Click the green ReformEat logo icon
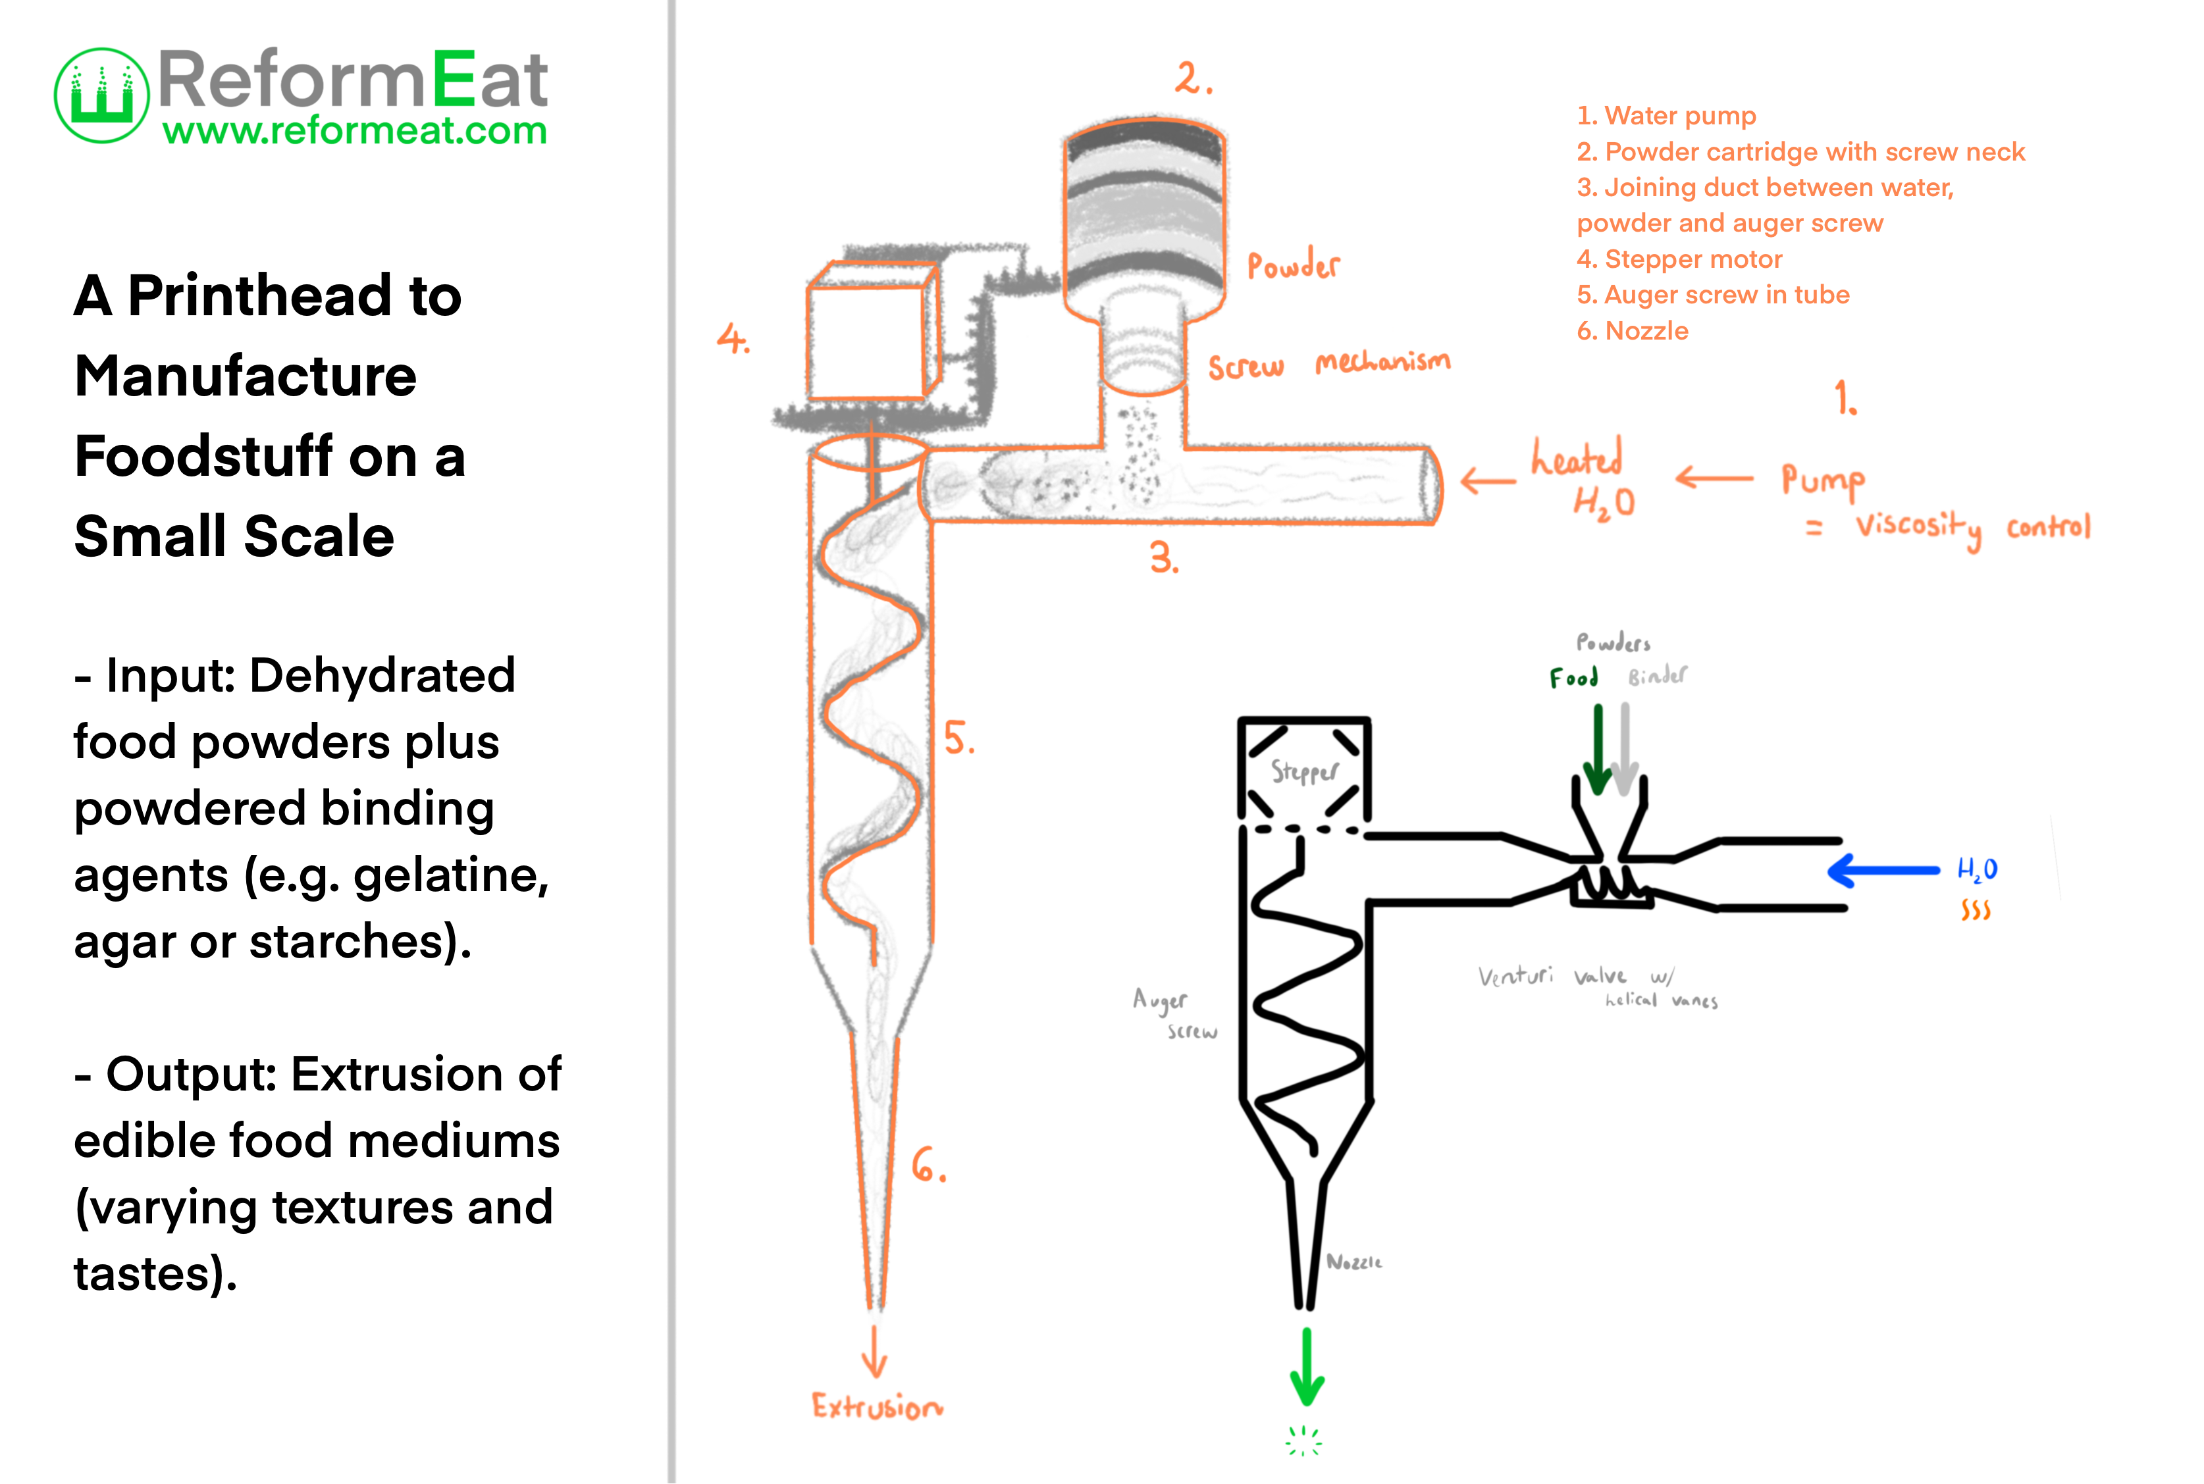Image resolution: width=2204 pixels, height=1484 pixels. [x=101, y=95]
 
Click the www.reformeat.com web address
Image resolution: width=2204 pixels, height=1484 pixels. [x=355, y=130]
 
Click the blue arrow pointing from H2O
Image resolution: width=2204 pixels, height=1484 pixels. [x=1882, y=871]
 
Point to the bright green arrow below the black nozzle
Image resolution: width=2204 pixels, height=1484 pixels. [x=1307, y=1369]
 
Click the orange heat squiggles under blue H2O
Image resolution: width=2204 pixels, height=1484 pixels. [x=1975, y=910]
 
